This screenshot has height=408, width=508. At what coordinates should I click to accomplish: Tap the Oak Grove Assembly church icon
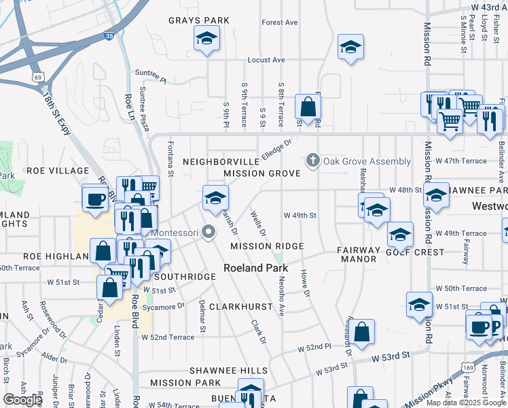pos(312,160)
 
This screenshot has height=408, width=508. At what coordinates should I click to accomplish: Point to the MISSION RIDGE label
pos(266,245)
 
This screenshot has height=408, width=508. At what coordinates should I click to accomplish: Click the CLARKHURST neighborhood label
pos(241,307)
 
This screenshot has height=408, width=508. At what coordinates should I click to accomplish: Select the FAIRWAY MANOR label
pos(359,254)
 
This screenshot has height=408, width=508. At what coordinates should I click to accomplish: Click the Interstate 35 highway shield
pos(109,35)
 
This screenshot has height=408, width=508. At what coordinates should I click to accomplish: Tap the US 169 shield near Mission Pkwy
pos(471,368)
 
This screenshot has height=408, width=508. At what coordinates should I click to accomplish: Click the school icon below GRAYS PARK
pos(206,39)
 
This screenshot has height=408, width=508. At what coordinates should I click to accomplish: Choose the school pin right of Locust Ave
pos(350,48)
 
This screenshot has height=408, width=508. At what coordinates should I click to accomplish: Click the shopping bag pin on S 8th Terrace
pos(308,107)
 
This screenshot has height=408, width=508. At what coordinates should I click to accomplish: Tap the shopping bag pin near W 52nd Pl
pos(363,332)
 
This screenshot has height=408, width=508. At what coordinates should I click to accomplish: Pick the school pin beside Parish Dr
pos(216,199)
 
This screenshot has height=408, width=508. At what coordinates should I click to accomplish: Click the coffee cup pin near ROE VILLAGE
pos(94,199)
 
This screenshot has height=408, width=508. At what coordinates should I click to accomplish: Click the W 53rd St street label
pos(391,356)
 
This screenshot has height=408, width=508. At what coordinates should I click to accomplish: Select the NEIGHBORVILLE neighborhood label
pos(221,162)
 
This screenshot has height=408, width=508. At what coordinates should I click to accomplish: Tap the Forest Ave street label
pos(280,22)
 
